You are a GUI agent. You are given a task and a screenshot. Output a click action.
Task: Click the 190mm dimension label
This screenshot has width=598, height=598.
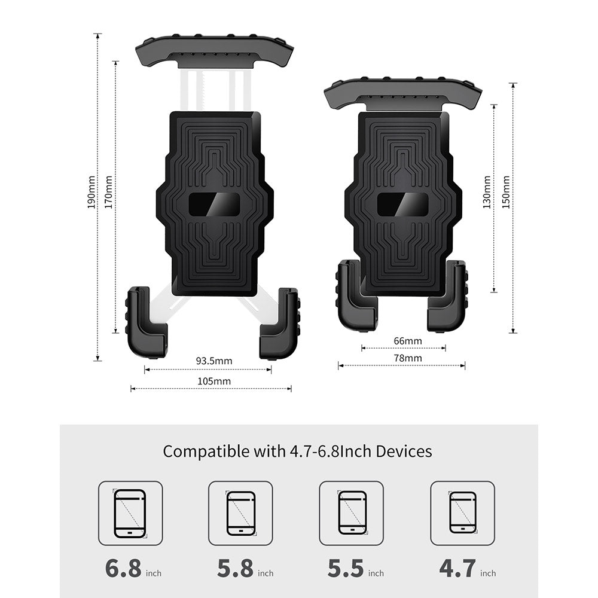91,192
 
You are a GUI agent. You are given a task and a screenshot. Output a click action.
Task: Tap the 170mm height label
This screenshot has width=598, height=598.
109,192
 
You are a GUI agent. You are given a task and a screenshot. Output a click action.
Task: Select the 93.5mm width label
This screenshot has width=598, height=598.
214,361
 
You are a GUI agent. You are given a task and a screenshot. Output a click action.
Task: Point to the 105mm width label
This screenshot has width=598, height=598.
214,381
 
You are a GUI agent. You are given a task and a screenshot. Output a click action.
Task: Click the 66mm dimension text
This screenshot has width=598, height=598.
408,341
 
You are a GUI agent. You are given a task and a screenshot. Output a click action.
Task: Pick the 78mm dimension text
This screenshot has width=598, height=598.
408,358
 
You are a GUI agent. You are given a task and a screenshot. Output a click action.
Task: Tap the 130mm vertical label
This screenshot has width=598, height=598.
487,192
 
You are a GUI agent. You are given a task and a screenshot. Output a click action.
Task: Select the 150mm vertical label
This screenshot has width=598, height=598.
506,192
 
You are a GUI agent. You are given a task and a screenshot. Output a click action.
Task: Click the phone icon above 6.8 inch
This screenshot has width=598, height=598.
130,513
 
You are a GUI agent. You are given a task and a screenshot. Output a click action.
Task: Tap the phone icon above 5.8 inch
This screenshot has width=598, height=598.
240,513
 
